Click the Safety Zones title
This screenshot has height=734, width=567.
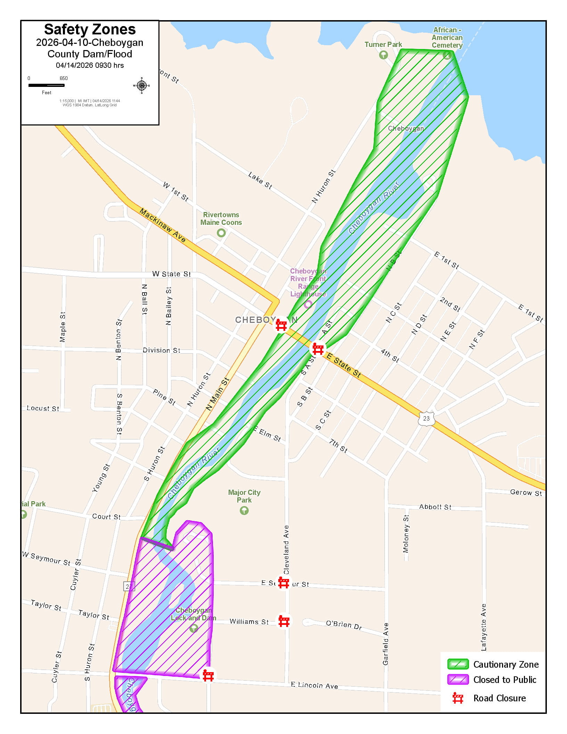[90, 30]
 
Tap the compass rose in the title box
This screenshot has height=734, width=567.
[141, 85]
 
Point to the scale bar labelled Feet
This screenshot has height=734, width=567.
[46, 85]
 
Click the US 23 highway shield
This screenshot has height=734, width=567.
[426, 418]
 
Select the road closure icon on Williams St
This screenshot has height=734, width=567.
[284, 621]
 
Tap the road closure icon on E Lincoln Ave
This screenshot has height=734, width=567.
[208, 675]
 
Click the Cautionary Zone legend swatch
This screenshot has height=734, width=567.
[458, 664]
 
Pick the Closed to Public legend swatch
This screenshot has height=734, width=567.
[458, 679]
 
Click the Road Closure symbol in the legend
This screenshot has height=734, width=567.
[458, 698]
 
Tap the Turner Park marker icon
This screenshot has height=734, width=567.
[383, 55]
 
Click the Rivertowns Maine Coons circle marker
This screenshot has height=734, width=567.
[221, 233]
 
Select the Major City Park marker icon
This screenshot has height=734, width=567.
[244, 510]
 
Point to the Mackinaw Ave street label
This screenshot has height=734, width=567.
[163, 225]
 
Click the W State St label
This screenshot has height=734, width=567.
[171, 274]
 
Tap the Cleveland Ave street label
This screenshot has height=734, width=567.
[286, 549]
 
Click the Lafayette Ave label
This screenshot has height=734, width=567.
[483, 627]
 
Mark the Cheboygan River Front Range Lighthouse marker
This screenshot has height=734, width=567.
[308, 304]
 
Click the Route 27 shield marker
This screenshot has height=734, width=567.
[129, 587]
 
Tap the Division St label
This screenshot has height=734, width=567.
[161, 350]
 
